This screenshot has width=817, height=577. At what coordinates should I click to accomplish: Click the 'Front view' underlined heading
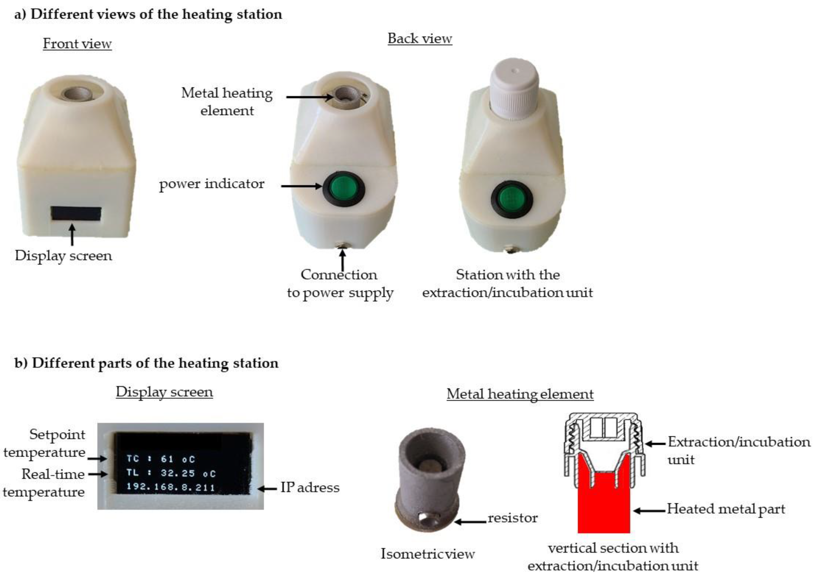point(77,44)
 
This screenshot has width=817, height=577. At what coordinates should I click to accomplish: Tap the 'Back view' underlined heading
point(420,38)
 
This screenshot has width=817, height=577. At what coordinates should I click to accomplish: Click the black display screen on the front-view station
point(76,214)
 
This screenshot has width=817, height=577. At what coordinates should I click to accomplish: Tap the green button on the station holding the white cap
point(512,197)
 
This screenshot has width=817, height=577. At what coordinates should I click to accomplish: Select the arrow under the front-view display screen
point(72,235)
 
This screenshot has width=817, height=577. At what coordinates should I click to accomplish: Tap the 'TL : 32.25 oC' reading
point(171,473)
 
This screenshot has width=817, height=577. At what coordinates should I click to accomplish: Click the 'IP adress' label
point(310,487)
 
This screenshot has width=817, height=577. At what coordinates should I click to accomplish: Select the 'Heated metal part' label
point(726,509)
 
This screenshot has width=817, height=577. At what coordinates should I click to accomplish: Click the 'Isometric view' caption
point(427,554)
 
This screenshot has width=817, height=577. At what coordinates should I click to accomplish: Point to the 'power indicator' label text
point(211,184)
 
